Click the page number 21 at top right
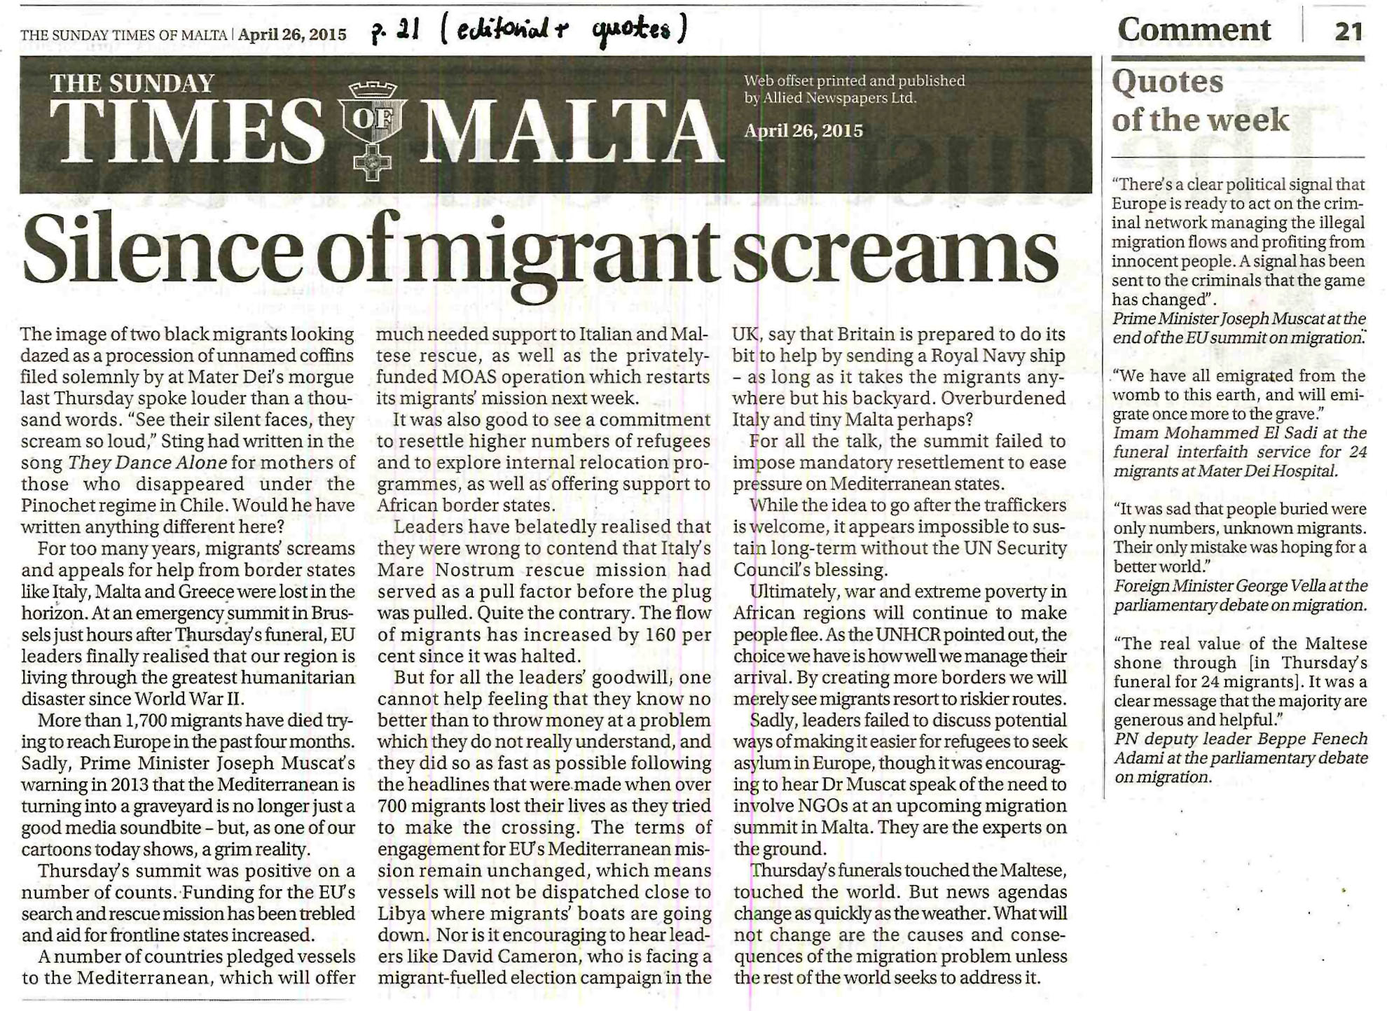[1348, 31]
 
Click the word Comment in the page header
[1194, 29]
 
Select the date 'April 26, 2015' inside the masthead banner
[803, 131]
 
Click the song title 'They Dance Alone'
[147, 463]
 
